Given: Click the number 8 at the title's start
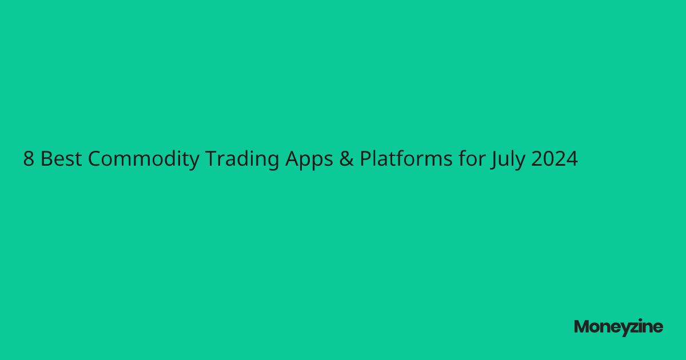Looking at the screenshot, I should click(x=29, y=159).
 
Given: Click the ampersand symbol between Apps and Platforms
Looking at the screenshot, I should click(x=345, y=159).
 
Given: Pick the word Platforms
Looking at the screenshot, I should click(x=406, y=159).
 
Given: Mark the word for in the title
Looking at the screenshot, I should click(x=471, y=159).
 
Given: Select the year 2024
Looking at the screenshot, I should click(x=555, y=159).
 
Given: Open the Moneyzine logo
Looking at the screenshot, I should click(x=619, y=327).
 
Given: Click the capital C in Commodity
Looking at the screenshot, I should click(x=95, y=159).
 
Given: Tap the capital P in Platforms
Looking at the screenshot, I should click(x=365, y=159).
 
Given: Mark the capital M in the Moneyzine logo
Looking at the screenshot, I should click(x=581, y=327).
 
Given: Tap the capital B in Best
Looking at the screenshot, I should click(x=46, y=159).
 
